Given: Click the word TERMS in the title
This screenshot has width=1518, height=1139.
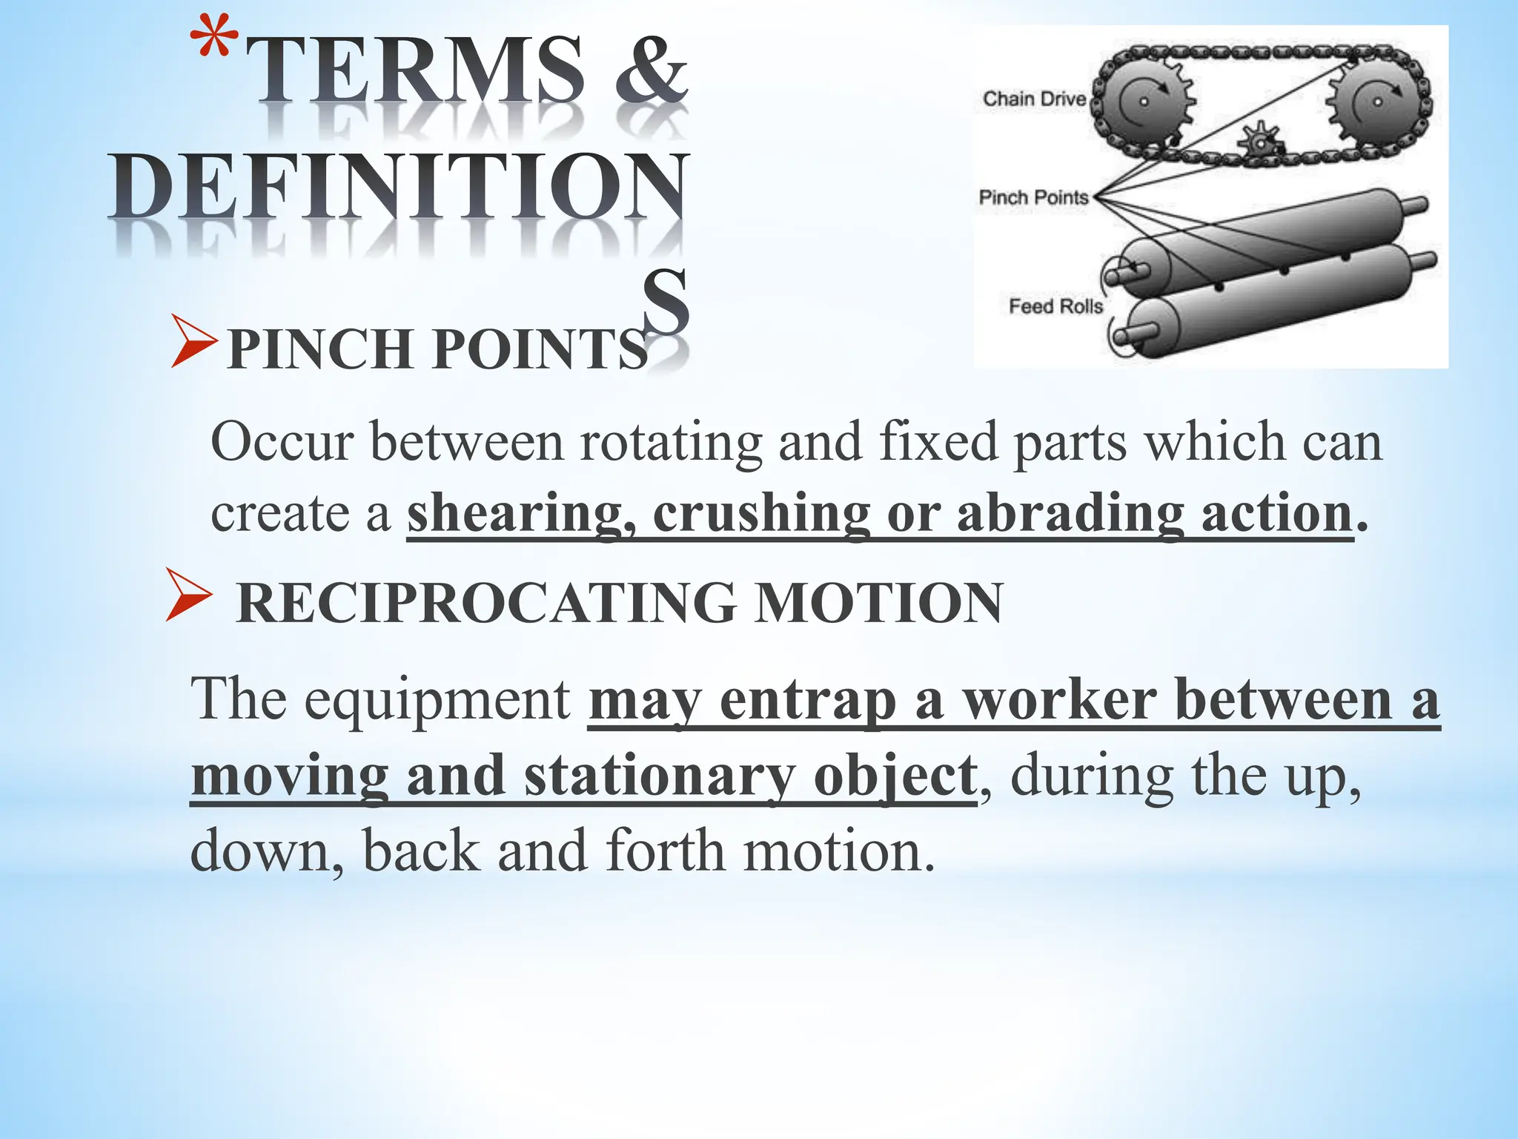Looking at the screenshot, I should pyautogui.click(x=414, y=70).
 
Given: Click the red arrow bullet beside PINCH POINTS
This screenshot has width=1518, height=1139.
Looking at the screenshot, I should pyautogui.click(x=193, y=341).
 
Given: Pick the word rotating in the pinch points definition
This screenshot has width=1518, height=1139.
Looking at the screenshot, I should pyautogui.click(x=671, y=442).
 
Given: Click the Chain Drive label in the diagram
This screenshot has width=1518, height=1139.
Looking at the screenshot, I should pyautogui.click(x=1034, y=99).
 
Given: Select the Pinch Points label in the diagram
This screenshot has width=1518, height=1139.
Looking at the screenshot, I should pyautogui.click(x=1033, y=197).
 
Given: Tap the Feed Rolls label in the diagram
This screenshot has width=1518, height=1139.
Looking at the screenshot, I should pyautogui.click(x=1055, y=306).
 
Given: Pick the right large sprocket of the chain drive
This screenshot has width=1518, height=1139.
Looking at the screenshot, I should pyautogui.click(x=1377, y=102).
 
